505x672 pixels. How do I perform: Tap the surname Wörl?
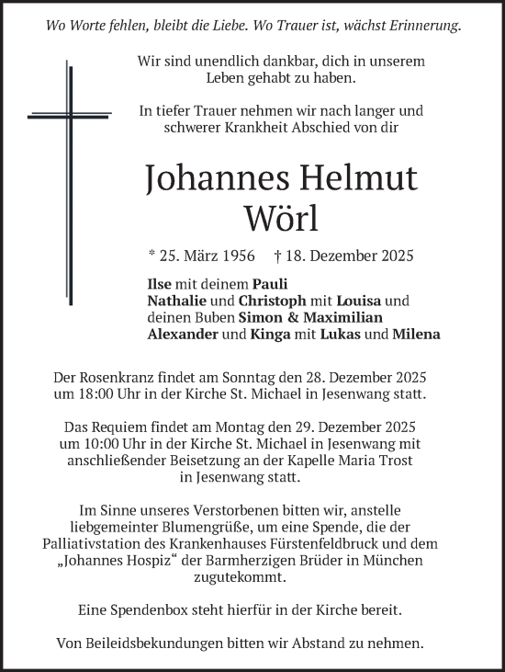coord(281,219)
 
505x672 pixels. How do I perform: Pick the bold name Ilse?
coord(160,284)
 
